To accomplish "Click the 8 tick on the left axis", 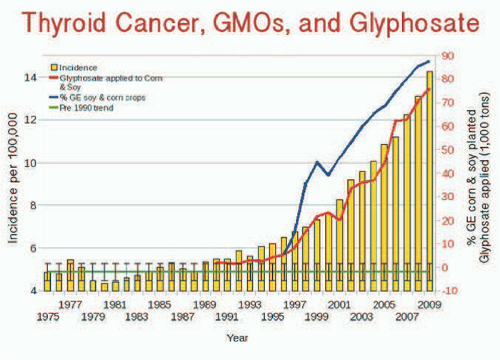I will (33, 206).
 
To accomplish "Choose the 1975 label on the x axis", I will (47, 316).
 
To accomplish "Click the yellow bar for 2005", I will (384, 214).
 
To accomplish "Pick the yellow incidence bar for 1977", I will (70, 275).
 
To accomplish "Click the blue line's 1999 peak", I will (317, 162).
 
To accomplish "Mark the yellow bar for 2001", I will (339, 243).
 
